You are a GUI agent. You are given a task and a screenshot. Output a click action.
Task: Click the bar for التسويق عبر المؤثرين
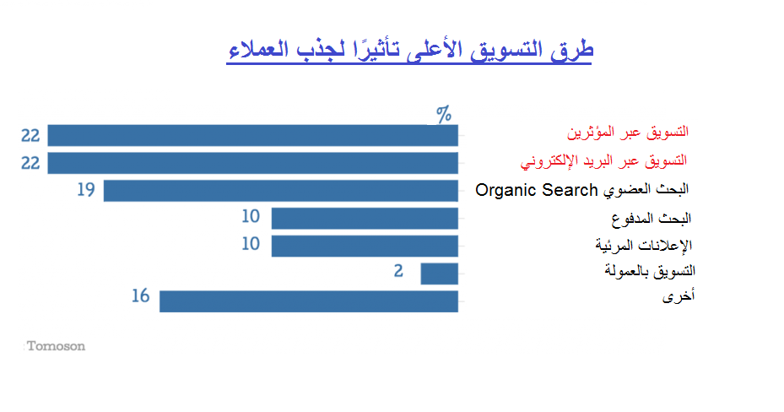click(252, 135)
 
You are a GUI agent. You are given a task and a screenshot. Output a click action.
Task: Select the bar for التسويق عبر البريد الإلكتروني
click(252, 163)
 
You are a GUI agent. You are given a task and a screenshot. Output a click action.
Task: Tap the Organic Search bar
click(280, 191)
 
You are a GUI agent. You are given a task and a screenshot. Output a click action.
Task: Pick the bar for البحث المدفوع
click(365, 219)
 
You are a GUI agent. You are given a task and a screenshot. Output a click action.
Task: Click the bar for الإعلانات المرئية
click(365, 246)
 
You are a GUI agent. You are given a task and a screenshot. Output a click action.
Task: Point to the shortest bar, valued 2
click(439, 274)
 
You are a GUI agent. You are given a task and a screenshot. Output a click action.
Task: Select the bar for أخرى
click(309, 301)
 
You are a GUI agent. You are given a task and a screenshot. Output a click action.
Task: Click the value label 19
click(86, 189)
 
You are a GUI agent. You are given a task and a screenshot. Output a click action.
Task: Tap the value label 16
click(140, 296)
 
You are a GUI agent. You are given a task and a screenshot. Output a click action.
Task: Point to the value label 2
click(398, 271)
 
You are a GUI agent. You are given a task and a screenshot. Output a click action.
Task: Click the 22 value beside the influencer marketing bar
click(30, 135)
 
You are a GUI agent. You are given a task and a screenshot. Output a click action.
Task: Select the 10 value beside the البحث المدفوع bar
click(251, 216)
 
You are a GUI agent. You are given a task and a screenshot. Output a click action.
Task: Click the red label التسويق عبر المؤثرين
click(628, 132)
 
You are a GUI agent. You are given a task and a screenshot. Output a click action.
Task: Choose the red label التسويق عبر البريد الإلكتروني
click(603, 161)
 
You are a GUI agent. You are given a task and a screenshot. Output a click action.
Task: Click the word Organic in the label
click(506, 191)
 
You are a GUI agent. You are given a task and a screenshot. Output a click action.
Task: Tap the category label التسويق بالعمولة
click(650, 271)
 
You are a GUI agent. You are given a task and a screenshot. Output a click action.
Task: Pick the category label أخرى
click(679, 296)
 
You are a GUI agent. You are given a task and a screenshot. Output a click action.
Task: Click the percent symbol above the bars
click(444, 115)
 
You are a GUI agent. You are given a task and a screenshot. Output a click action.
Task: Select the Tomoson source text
click(56, 346)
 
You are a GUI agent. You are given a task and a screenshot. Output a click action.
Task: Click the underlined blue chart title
click(409, 50)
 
